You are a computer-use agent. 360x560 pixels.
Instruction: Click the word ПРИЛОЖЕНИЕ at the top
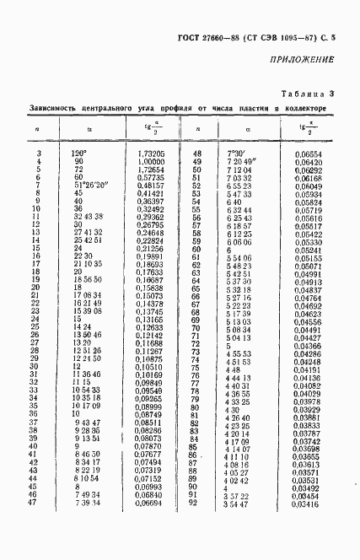click(302, 59)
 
